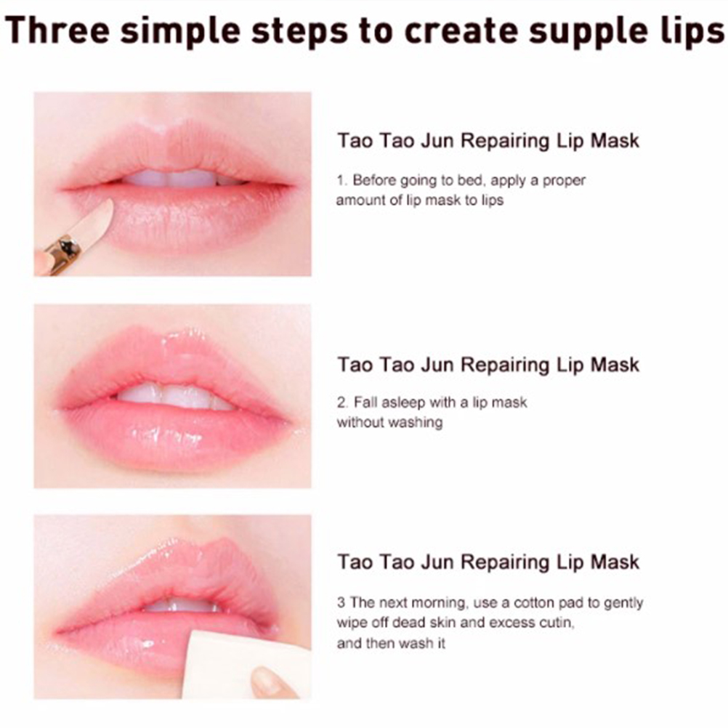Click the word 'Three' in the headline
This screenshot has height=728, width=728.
(57, 31)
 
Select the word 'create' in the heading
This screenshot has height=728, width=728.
(461, 31)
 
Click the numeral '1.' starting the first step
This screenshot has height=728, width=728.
(341, 180)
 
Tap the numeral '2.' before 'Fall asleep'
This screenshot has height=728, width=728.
(342, 403)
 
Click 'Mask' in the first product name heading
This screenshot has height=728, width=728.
(615, 141)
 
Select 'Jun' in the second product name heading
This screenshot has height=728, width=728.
(437, 365)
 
